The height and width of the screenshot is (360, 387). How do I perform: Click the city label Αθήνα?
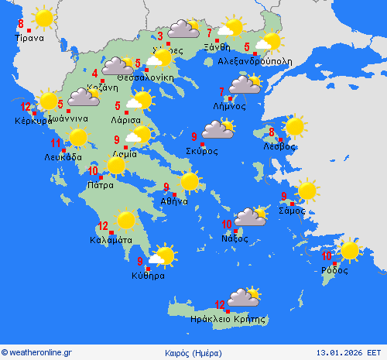174,201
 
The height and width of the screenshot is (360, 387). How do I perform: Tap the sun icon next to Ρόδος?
350,250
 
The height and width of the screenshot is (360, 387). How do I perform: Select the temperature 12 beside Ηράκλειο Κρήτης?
220,304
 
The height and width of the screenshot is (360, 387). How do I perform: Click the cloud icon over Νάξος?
250,217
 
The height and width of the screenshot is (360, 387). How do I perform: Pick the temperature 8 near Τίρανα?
21,23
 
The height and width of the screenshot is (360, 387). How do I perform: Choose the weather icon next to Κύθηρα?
162,255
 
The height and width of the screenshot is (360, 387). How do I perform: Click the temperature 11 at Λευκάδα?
56,143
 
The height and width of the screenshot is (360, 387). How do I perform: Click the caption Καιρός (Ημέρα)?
193,352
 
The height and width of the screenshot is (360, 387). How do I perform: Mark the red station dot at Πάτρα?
101,177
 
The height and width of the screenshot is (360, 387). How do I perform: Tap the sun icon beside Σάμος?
307,190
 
